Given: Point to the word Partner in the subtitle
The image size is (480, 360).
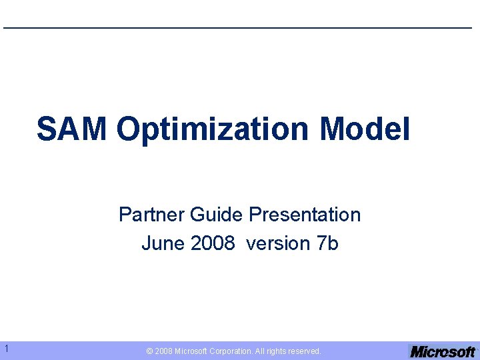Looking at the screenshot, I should coord(152,215).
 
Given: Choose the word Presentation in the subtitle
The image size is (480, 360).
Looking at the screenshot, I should coord(305,215).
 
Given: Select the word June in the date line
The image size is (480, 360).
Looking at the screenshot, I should coord(163,244).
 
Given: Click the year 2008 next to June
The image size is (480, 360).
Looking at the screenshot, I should coord(213,244).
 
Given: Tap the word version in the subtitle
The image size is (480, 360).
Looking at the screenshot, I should coord(276,244).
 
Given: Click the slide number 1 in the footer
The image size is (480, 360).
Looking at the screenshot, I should coord(5,348).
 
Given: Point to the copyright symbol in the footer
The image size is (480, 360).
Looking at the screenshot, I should coord(150,351).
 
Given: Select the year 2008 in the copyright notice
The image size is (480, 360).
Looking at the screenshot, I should coord(163,351).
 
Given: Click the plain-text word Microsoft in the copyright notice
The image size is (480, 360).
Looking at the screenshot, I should coord(192,351).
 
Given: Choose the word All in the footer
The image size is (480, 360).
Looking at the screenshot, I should coord(261,351).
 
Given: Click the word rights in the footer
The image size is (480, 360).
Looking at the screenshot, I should coord(279,351).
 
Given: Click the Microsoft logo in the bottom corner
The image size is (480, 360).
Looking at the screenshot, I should coord(443,351).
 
